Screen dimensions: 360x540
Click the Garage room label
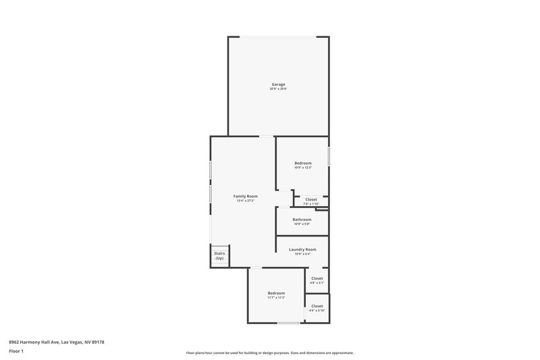(x=277, y=84)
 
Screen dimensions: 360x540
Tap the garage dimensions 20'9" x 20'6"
(x=277, y=89)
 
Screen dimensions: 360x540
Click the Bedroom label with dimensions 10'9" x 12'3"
(x=302, y=163)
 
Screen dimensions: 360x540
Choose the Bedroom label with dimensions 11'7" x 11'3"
(x=275, y=292)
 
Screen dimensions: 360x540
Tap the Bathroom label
(x=302, y=219)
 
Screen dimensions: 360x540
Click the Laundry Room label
(x=302, y=249)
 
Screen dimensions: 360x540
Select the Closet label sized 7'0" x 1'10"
(x=311, y=199)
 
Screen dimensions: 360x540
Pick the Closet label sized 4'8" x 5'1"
(x=317, y=278)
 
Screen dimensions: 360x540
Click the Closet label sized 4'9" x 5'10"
(x=317, y=306)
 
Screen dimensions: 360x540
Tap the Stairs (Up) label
(x=219, y=255)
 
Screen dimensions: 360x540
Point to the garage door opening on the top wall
(x=277, y=36)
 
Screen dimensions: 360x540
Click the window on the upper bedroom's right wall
(x=329, y=156)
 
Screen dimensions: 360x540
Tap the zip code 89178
(x=97, y=342)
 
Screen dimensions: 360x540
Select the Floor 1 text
(x=16, y=351)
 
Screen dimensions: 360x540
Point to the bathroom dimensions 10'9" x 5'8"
(x=302, y=224)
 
